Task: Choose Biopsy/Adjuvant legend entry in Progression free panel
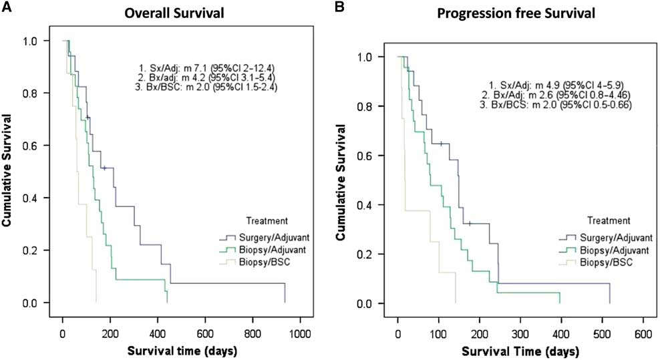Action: (x=599, y=250)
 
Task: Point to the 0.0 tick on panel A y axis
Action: (x=39, y=303)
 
